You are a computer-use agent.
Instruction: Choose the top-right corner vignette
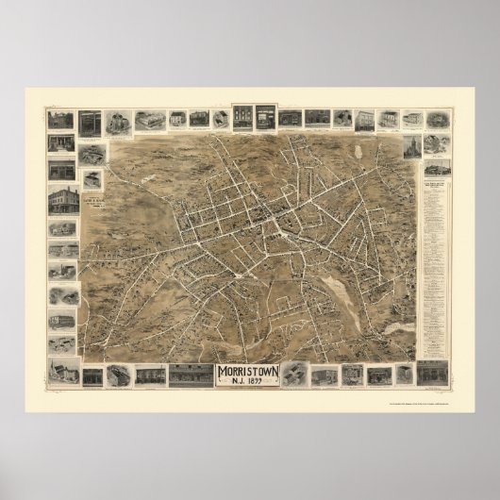point(438,120)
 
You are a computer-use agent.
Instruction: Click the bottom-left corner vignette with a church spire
point(62,372)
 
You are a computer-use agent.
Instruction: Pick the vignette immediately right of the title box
point(294,375)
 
